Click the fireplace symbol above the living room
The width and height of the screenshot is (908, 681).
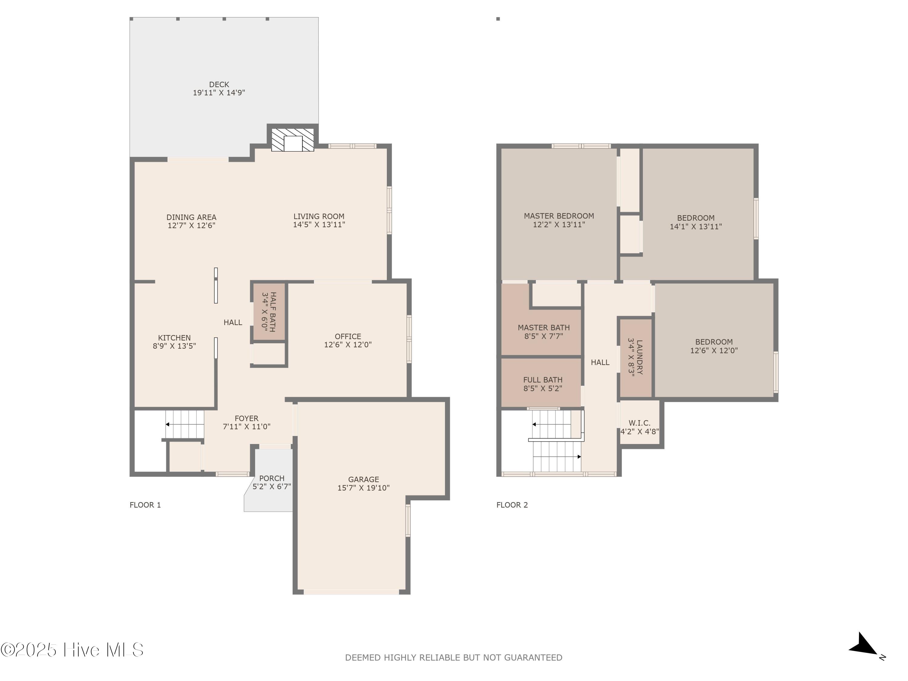click(x=293, y=140)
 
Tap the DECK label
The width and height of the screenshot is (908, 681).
click(x=219, y=84)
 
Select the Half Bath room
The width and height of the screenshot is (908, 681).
click(x=269, y=312)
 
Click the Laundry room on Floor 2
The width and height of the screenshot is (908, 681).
click(x=635, y=357)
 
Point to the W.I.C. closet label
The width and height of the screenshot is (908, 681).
click(x=639, y=423)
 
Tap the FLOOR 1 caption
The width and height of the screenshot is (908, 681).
click(x=145, y=505)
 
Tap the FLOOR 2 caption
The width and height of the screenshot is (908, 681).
click(x=512, y=505)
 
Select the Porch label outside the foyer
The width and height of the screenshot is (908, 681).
click(x=272, y=478)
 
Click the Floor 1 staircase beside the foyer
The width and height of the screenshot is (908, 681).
click(x=185, y=424)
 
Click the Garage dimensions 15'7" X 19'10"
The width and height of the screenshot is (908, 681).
click(x=363, y=488)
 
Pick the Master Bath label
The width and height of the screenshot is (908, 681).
click(x=544, y=327)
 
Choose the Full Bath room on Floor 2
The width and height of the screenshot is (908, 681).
click(x=542, y=384)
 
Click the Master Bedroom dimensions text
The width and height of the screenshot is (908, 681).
click(x=559, y=225)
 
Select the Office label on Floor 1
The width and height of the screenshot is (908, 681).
click(x=348, y=336)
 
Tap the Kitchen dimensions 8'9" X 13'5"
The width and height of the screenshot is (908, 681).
click(x=174, y=346)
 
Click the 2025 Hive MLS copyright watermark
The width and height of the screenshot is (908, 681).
click(x=72, y=650)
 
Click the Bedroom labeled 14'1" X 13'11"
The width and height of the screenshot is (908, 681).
click(x=695, y=222)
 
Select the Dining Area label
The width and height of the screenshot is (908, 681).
click(x=191, y=217)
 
